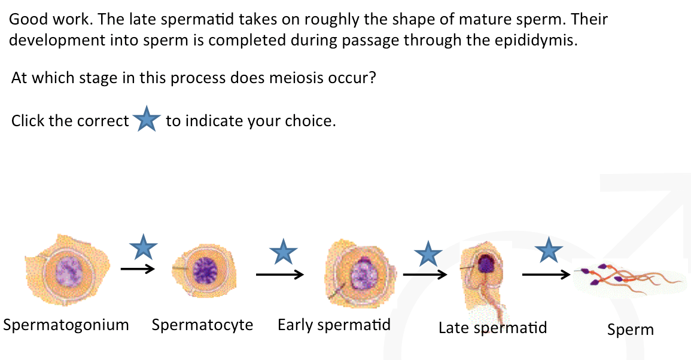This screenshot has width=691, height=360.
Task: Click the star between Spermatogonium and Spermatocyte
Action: point(144,246)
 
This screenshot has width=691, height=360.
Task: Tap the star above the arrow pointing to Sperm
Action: point(548,249)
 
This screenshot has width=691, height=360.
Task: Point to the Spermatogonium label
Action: point(66,325)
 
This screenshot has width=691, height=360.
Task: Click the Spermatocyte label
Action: point(202,325)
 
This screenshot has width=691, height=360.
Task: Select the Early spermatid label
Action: point(334,325)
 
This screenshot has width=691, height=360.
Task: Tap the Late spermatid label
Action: point(492,327)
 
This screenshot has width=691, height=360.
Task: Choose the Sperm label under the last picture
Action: point(630,329)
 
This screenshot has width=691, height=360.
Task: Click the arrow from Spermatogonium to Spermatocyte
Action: point(138,269)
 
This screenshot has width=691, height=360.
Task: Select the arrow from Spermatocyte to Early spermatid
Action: point(279,274)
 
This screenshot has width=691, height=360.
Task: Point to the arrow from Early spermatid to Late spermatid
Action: point(425,274)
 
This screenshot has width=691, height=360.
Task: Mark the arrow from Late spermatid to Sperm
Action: point(546,275)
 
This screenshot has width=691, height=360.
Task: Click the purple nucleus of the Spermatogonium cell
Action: point(68,272)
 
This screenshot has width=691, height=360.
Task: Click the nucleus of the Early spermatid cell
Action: point(361,275)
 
